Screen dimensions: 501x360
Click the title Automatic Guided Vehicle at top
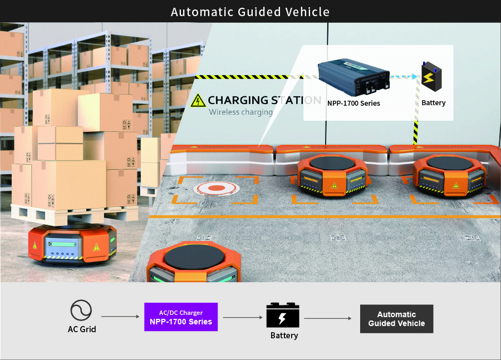pyautogui.click(x=250, y=12)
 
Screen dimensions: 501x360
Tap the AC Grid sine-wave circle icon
pyautogui.click(x=81, y=310)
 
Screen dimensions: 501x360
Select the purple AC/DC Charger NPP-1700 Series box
pyautogui.click(x=181, y=317)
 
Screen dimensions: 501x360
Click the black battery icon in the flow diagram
pyautogui.click(x=283, y=315)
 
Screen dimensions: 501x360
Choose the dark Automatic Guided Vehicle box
pyautogui.click(x=396, y=319)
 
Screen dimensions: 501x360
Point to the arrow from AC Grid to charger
pyautogui.click(x=120, y=317)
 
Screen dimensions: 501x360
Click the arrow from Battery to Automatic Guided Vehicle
pyautogui.click(x=327, y=318)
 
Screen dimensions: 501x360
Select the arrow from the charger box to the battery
pyautogui.click(x=243, y=318)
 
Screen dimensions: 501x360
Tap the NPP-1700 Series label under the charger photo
pyautogui.click(x=353, y=103)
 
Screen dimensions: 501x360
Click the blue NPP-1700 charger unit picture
pyautogui.click(x=353, y=77)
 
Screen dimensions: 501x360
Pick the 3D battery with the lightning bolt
pyautogui.click(x=431, y=77)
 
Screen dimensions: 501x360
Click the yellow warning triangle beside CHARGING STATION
pyautogui.click(x=198, y=100)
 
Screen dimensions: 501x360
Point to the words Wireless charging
pyautogui.click(x=240, y=112)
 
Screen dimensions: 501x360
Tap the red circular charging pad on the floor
pyautogui.click(x=217, y=188)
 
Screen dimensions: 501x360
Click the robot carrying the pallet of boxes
pyautogui.click(x=72, y=245)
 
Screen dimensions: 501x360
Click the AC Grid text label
pyautogui.click(x=82, y=329)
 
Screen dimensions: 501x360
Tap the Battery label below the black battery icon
pyautogui.click(x=284, y=336)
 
